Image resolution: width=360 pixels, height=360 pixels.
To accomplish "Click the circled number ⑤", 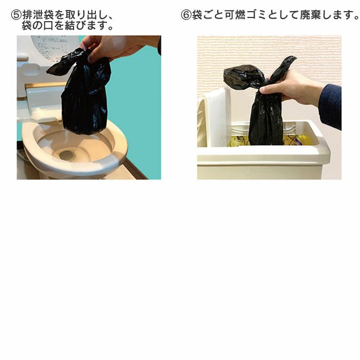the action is click(16, 15).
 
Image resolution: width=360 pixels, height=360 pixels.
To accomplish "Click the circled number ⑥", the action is click(186, 15).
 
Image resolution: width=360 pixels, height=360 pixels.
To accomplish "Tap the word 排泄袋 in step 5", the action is click(38, 15).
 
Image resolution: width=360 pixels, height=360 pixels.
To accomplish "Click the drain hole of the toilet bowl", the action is click(67, 156).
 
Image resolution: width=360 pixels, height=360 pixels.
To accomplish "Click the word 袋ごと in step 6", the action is click(208, 15).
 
